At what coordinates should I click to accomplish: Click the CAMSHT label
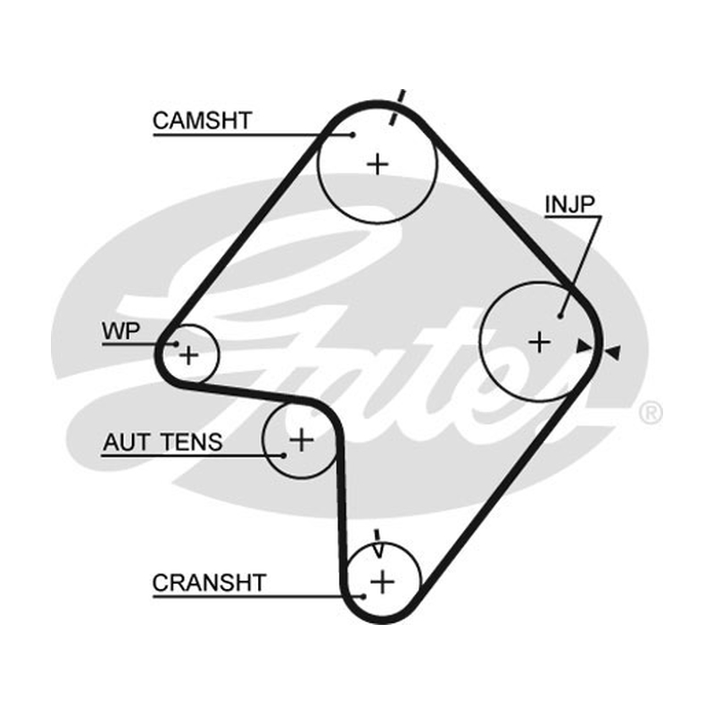(203, 120)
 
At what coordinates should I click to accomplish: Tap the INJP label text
(569, 204)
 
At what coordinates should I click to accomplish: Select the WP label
(121, 331)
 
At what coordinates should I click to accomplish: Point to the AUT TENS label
(162, 442)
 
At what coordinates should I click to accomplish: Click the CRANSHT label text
(209, 583)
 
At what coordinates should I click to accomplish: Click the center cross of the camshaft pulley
(378, 164)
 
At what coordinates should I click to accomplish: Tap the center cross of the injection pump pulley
(540, 342)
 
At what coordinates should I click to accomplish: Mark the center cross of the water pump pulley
(189, 354)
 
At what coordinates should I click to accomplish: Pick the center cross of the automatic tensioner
(302, 440)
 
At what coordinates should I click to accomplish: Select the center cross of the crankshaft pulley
(383, 582)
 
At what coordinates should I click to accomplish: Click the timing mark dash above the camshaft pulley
(397, 107)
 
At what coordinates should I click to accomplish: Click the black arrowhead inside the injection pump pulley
(584, 346)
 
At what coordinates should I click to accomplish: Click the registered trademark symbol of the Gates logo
(651, 413)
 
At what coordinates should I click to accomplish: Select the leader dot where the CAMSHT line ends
(353, 135)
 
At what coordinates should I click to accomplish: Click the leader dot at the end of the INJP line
(560, 316)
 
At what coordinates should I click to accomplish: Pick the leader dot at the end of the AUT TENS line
(283, 455)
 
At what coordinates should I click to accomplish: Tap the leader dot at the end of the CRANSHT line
(363, 596)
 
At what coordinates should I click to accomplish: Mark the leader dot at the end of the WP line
(176, 344)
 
